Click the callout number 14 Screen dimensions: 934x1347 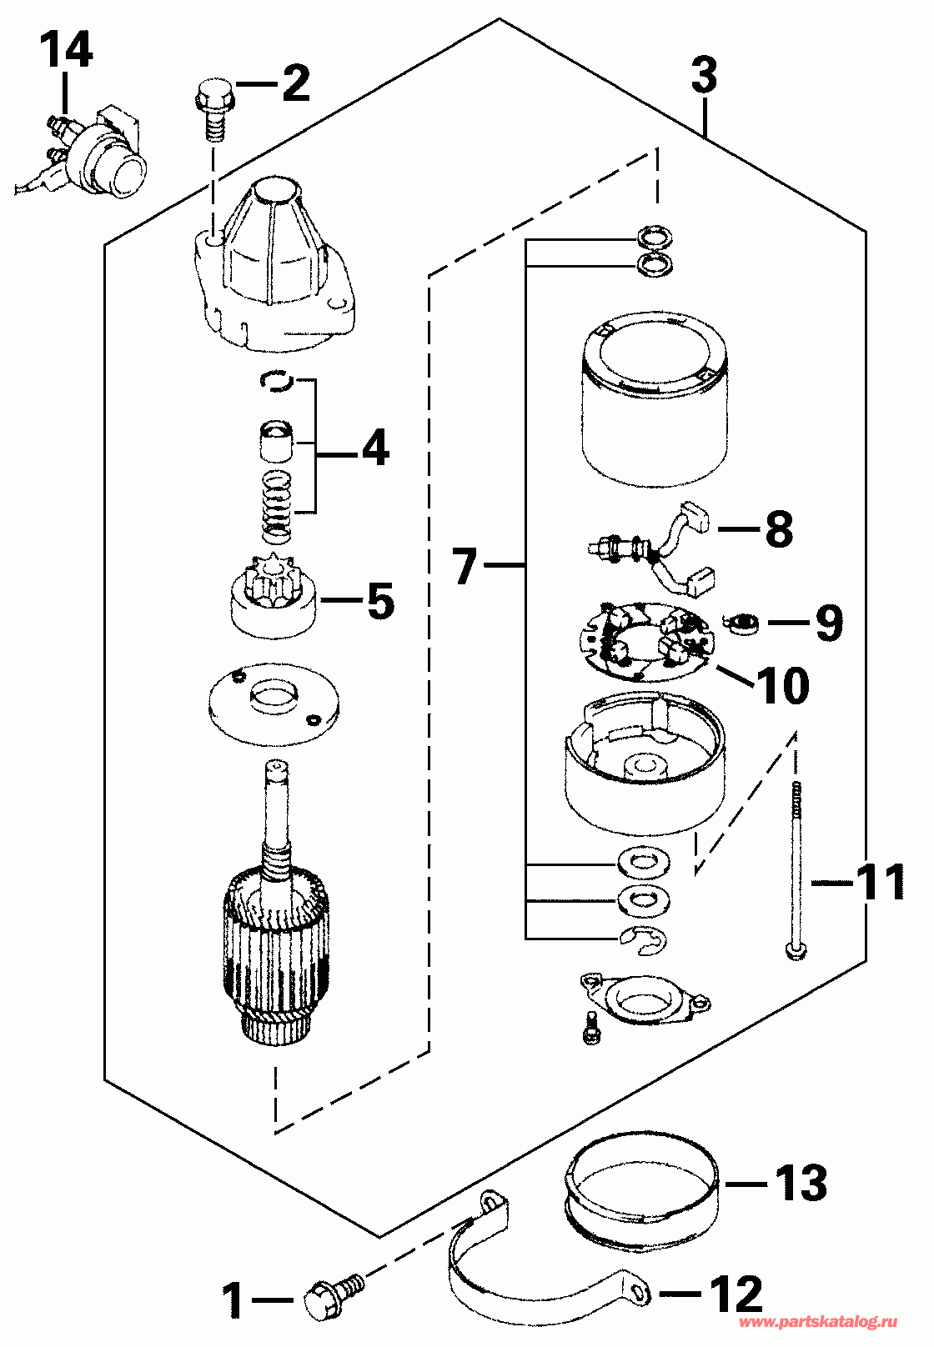coord(67,51)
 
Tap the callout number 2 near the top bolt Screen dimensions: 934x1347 coord(295,83)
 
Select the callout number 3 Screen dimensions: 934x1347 coord(704,75)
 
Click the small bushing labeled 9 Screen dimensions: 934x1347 coord(741,623)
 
